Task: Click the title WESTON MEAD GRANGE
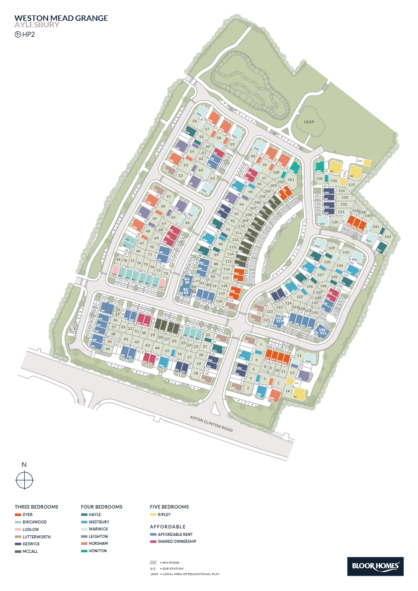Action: pyautogui.click(x=61, y=18)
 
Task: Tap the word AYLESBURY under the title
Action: pyautogui.click(x=37, y=25)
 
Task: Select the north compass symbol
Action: pyautogui.click(x=24, y=480)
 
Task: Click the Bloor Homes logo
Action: pyautogui.click(x=375, y=566)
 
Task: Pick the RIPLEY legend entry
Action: pyautogui.click(x=164, y=515)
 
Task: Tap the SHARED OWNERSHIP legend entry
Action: pyautogui.click(x=177, y=541)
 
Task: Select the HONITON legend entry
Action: pyautogui.click(x=98, y=551)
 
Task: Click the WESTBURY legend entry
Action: pyautogui.click(x=99, y=522)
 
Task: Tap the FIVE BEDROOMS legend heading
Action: pyautogui.click(x=169, y=507)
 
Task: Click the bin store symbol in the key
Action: pyautogui.click(x=153, y=562)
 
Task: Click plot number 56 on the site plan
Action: pyautogui.click(x=195, y=121)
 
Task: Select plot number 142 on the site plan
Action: pyautogui.click(x=388, y=237)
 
